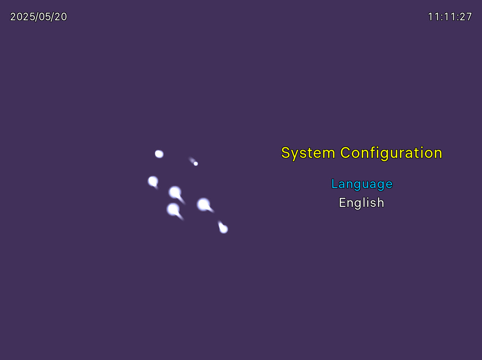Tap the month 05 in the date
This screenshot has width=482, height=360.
(44, 16)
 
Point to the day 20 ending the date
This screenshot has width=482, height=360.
(61, 16)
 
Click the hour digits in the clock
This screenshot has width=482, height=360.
(433, 16)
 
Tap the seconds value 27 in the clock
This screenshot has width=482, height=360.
(466, 16)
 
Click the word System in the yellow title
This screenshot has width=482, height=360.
(308, 153)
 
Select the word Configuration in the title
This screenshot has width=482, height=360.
(391, 153)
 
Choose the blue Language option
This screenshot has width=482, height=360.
(362, 184)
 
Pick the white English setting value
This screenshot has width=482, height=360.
(361, 203)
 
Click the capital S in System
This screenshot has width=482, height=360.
(286, 153)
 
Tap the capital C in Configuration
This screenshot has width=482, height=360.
(346, 153)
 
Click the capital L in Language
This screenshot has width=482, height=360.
(334, 184)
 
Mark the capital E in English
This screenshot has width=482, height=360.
(342, 203)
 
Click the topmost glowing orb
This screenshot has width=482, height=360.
(159, 154)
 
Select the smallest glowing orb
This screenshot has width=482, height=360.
(196, 164)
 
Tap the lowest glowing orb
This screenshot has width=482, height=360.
(224, 229)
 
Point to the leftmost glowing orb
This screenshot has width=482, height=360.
(153, 181)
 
